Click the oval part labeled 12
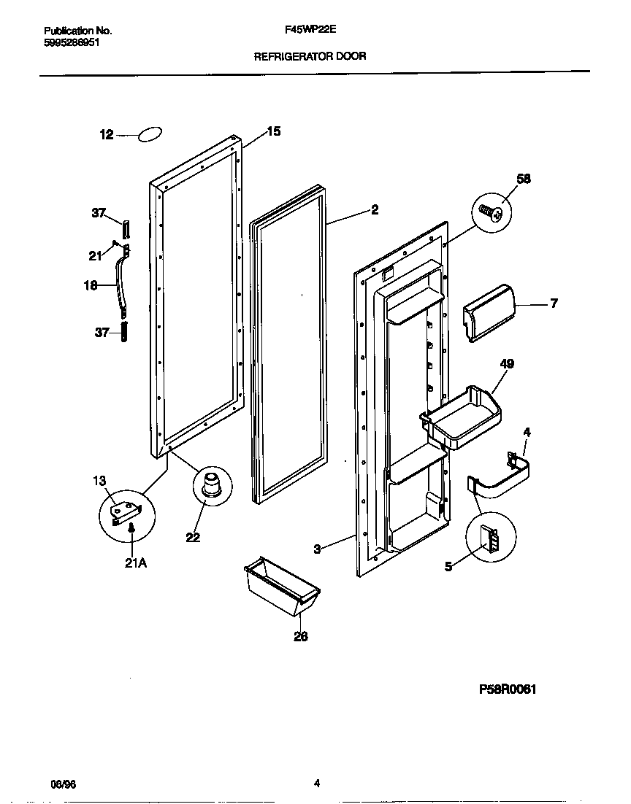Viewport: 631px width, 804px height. tap(150, 134)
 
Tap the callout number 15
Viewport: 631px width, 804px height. tap(273, 131)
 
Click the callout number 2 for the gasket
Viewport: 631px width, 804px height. tap(374, 209)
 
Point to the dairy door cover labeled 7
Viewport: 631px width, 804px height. tap(488, 312)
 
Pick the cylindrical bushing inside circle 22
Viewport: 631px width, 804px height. tap(212, 485)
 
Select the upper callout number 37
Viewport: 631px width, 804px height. tap(99, 213)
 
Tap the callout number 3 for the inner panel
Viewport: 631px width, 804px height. tap(317, 549)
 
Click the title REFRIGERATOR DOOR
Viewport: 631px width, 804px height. tap(310, 55)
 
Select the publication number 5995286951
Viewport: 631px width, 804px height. tap(72, 42)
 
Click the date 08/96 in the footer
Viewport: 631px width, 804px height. tap(63, 784)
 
